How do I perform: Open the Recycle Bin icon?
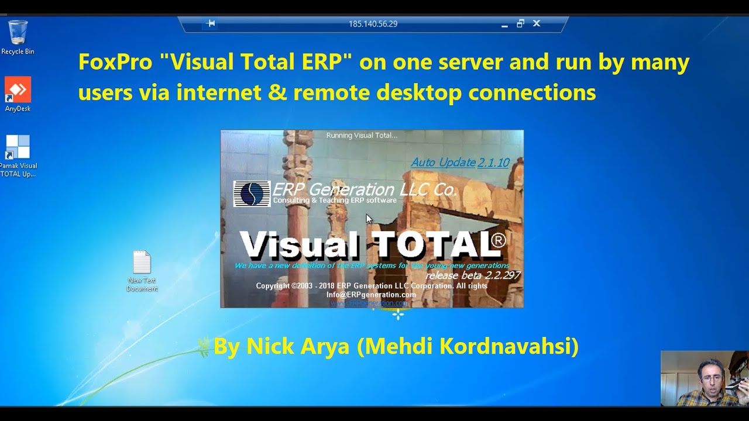pyautogui.click(x=18, y=33)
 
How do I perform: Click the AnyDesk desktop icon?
pyautogui.click(x=18, y=90)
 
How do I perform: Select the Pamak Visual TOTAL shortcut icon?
pyautogui.click(x=18, y=147)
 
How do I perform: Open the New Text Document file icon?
pyautogui.click(x=142, y=263)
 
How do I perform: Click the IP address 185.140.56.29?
pyautogui.click(x=373, y=24)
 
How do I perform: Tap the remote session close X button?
pyautogui.click(x=537, y=23)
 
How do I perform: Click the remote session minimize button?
pyautogui.click(x=504, y=25)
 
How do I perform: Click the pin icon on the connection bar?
pyautogui.click(x=211, y=23)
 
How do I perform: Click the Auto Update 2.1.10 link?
pyautogui.click(x=460, y=163)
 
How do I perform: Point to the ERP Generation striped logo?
pyautogui.click(x=252, y=194)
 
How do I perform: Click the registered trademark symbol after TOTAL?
pyautogui.click(x=498, y=239)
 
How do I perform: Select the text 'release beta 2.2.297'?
pyautogui.click(x=472, y=275)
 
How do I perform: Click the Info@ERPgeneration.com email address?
pyautogui.click(x=371, y=295)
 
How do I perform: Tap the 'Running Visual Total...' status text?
pyautogui.click(x=362, y=136)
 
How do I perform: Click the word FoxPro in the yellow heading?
pyautogui.click(x=115, y=62)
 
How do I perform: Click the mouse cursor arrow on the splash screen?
pyautogui.click(x=369, y=219)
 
